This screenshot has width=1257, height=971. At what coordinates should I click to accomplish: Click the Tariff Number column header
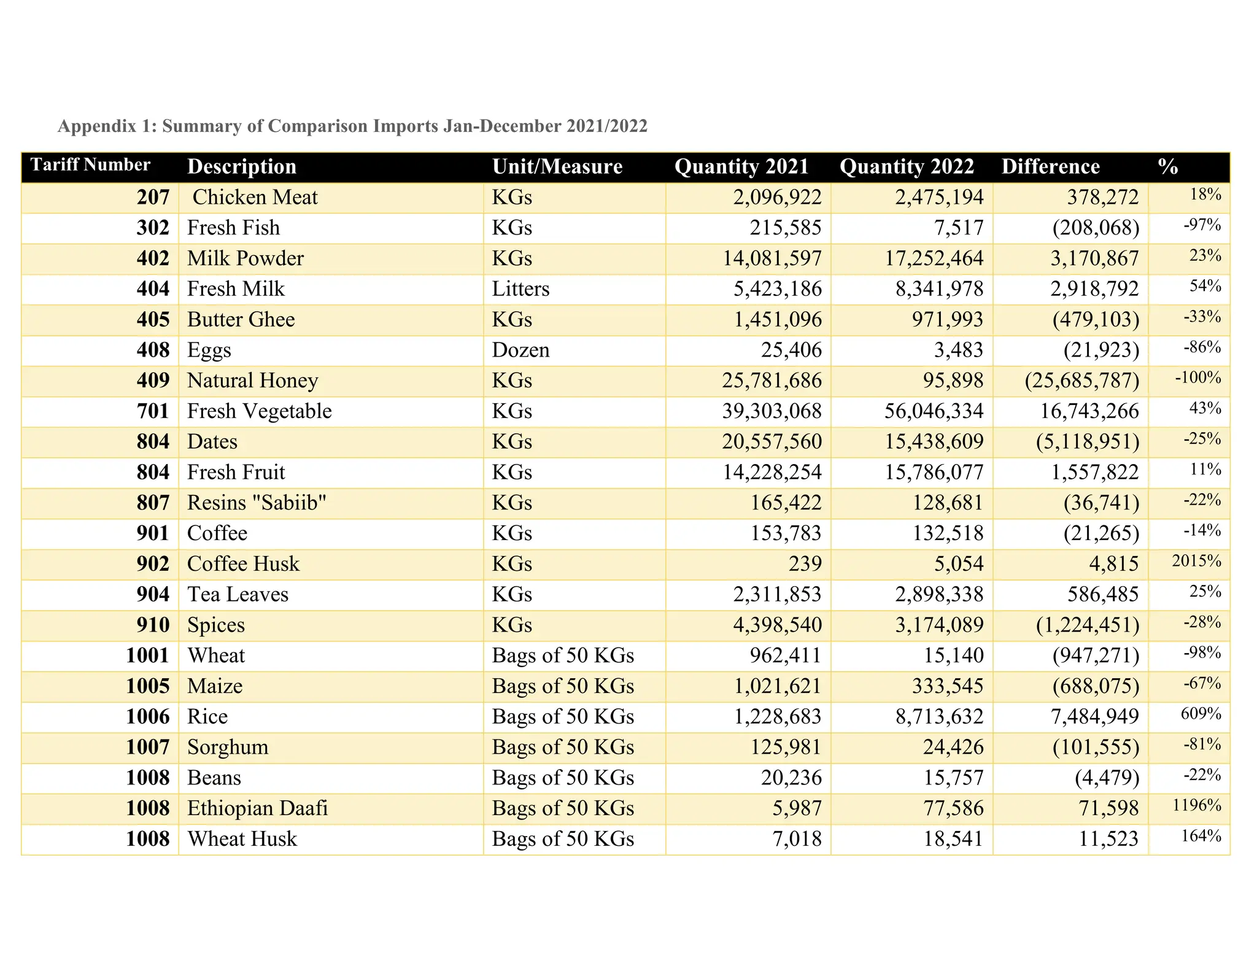click(90, 165)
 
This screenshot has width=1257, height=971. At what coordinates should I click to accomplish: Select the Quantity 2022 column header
click(907, 166)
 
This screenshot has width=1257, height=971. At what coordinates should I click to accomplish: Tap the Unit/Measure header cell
click(557, 166)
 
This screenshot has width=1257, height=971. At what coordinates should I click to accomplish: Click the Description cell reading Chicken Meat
click(255, 198)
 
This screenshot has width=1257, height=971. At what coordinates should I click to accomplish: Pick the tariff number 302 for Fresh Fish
click(153, 228)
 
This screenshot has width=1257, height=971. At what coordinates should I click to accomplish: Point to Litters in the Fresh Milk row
click(520, 289)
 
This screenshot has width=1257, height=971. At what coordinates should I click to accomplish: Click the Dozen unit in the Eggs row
click(520, 350)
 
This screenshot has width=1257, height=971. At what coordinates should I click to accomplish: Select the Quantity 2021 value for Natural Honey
click(772, 381)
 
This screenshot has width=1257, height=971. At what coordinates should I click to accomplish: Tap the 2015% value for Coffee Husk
click(1196, 561)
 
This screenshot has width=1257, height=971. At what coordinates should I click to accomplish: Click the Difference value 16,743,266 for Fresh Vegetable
click(1089, 411)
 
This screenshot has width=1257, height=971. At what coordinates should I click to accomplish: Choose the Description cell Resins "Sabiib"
click(257, 503)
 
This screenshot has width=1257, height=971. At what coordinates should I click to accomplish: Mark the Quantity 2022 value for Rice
click(939, 716)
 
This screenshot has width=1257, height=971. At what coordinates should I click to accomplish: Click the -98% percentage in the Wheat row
click(1202, 652)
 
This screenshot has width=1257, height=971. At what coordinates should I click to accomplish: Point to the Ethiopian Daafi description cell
click(257, 808)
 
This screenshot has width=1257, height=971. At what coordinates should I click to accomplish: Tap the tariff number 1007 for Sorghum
click(147, 747)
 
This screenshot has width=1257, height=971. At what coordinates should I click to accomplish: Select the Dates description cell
click(212, 442)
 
